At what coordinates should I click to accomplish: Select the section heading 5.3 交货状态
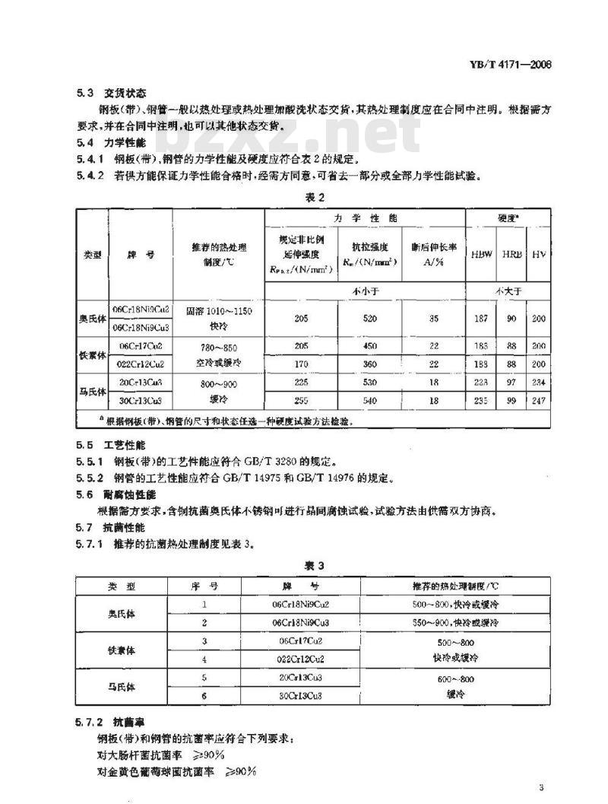tap(112, 94)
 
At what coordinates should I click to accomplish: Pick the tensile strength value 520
tap(370, 319)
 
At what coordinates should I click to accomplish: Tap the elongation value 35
tap(433, 319)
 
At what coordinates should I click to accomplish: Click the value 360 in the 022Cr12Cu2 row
tap(370, 364)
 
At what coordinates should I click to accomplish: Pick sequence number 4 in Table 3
tap(204, 658)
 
